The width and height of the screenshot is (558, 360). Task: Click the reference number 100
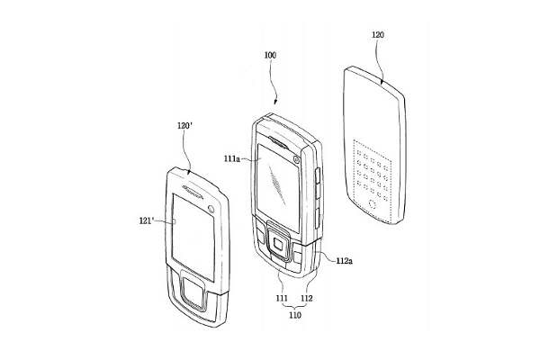pyautogui.click(x=270, y=55)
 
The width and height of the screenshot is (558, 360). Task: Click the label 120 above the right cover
pyautogui.click(x=378, y=35)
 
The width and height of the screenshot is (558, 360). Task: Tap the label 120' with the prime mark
pyautogui.click(x=184, y=126)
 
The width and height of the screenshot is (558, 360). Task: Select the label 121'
pyautogui.click(x=147, y=220)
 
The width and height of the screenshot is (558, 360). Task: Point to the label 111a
pyautogui.click(x=232, y=158)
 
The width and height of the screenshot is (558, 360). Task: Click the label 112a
pyautogui.click(x=345, y=261)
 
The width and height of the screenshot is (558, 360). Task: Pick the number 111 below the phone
pyautogui.click(x=282, y=298)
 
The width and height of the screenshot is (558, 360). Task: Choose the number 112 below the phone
pyautogui.click(x=307, y=298)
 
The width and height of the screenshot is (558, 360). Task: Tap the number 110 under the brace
pyautogui.click(x=295, y=315)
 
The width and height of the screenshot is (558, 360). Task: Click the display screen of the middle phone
pyautogui.click(x=278, y=184)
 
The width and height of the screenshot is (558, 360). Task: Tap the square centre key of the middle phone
pyautogui.click(x=278, y=245)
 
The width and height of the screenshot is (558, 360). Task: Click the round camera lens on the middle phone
pyautogui.click(x=296, y=159)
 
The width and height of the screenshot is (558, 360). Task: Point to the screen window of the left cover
pyautogui.click(x=193, y=237)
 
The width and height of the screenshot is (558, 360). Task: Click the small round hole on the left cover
pyautogui.click(x=211, y=209)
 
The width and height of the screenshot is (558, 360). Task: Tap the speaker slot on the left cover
pyautogui.click(x=193, y=192)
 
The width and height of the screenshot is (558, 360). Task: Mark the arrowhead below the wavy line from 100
pyautogui.click(x=275, y=103)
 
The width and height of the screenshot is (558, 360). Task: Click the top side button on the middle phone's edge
pyautogui.click(x=317, y=175)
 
